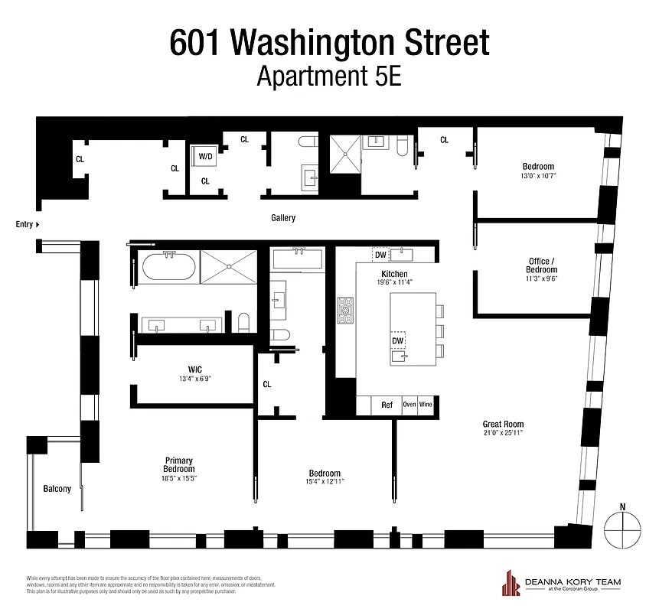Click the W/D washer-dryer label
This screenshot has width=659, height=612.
205,156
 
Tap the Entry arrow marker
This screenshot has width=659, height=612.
38,224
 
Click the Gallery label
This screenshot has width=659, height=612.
283,218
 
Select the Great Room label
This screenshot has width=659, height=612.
502,424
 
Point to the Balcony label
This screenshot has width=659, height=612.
57,489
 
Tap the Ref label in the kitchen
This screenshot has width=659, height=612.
387,405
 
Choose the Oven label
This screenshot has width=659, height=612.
409,405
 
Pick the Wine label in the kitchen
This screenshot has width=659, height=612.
426,405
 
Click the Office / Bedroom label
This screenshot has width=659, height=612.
541,265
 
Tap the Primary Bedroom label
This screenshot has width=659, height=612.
179,464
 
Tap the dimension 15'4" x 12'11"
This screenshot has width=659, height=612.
325,481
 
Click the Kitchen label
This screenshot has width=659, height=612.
395,274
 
